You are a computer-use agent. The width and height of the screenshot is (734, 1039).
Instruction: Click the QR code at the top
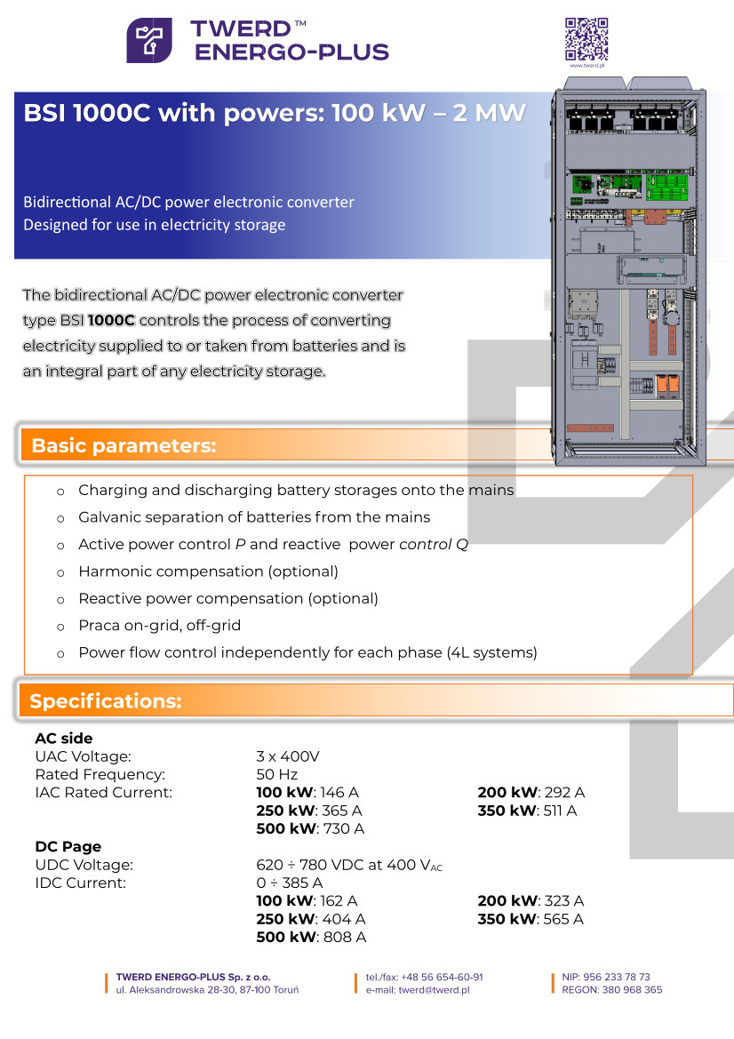pos(586,37)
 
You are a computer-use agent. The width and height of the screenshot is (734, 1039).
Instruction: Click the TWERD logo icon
pos(149,40)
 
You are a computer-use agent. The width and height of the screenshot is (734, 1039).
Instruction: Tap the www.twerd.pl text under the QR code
pos(586,65)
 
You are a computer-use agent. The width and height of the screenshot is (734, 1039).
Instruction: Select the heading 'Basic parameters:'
pos(124,446)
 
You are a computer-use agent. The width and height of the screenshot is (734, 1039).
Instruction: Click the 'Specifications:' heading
pos(106,701)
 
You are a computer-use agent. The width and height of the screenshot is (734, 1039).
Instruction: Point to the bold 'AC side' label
pos(64,739)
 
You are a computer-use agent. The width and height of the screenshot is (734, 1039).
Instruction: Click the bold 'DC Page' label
pos(68,847)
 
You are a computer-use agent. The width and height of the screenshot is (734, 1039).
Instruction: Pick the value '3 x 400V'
pos(288,756)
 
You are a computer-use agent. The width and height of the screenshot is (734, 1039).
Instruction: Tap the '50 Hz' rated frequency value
pos(276,774)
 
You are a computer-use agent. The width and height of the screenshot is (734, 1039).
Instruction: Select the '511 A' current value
pos(560,811)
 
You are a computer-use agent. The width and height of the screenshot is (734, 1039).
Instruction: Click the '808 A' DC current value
pos(347,937)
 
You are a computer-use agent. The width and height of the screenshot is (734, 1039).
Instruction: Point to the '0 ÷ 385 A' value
pos(290,883)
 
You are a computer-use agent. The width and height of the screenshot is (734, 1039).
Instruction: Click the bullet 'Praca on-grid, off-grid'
pos(160,626)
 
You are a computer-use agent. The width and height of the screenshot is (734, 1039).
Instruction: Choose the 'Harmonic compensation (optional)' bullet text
pos(208,571)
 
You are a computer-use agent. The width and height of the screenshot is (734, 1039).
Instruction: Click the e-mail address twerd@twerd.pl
pos(434,989)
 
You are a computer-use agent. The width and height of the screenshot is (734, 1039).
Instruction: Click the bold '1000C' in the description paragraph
pos(111,320)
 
